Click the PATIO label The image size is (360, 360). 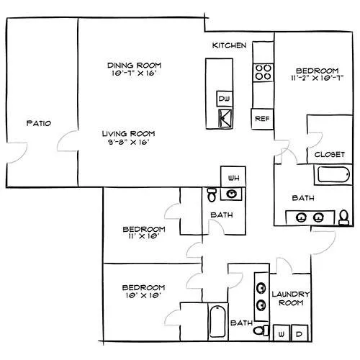click(x=39, y=123)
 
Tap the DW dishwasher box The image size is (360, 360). click(x=225, y=99)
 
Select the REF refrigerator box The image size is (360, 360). click(x=262, y=119)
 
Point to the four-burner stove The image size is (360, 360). click(x=263, y=73)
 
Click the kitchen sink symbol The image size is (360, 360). click(x=225, y=118)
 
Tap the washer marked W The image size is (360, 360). click(x=282, y=333)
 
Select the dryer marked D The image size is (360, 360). click(x=300, y=333)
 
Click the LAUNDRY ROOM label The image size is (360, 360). click(x=291, y=298)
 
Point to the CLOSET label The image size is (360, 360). click(x=330, y=154)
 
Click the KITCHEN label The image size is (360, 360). click(x=229, y=45)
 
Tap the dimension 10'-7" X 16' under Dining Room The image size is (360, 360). click(x=134, y=73)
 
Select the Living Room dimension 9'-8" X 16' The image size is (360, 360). click(x=129, y=142)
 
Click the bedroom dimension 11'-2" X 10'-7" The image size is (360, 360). click(x=318, y=78)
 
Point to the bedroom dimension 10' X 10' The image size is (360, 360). click(x=143, y=295)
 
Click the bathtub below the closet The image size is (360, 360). click(x=333, y=174)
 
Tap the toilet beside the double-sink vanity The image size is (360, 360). click(x=344, y=217)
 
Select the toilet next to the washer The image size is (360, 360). click(x=261, y=330)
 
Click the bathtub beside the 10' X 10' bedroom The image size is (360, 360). click(x=217, y=322)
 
